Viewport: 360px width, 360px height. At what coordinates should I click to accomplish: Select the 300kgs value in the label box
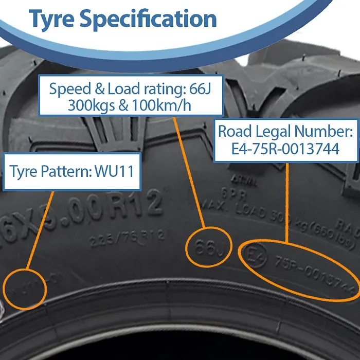92,106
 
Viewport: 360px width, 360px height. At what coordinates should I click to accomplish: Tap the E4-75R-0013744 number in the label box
285,149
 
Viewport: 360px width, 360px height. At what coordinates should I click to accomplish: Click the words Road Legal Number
285,131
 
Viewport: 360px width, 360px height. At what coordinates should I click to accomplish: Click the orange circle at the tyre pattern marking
26,289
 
